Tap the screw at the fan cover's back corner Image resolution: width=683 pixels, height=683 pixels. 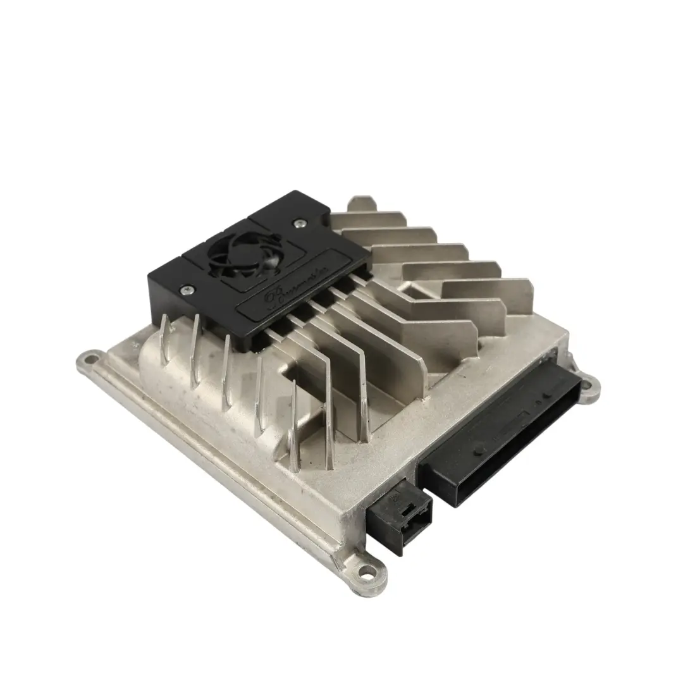click(297, 222)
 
